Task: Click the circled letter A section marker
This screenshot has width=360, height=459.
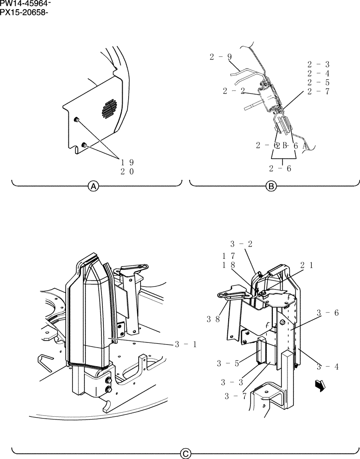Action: pos(94,186)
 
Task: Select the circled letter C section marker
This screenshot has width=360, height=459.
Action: pos(185,453)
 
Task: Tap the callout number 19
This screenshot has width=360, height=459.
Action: pos(127,162)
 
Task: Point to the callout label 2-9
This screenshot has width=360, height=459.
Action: pos(220,57)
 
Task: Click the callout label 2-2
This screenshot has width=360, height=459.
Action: pos(234,91)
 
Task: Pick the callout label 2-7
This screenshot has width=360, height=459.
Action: pos(319,91)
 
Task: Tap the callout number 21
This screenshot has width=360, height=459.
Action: pos(307,265)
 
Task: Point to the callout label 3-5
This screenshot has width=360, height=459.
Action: pos(228,364)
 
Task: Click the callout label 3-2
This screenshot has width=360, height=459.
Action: pos(242,245)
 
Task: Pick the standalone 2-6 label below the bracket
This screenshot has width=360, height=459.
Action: pos(280,168)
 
